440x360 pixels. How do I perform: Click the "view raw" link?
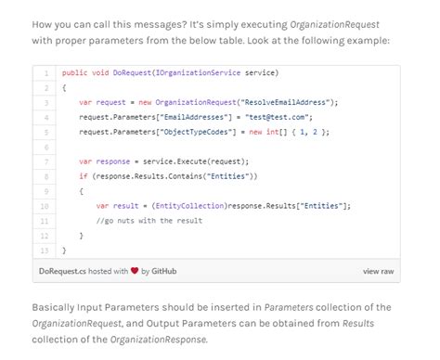pyautogui.click(x=378, y=271)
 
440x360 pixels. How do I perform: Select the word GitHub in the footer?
pyautogui.click(x=164, y=271)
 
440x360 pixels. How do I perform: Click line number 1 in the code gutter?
pyautogui.click(x=45, y=72)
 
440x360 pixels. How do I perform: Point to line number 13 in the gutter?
pyautogui.click(x=45, y=251)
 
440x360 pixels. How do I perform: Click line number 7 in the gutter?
pyautogui.click(x=45, y=161)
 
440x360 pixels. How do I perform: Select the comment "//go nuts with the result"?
pyautogui.click(x=149, y=221)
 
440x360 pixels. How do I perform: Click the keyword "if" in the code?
pyautogui.click(x=83, y=176)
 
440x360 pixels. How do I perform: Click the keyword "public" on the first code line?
pyautogui.click(x=74, y=72)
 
